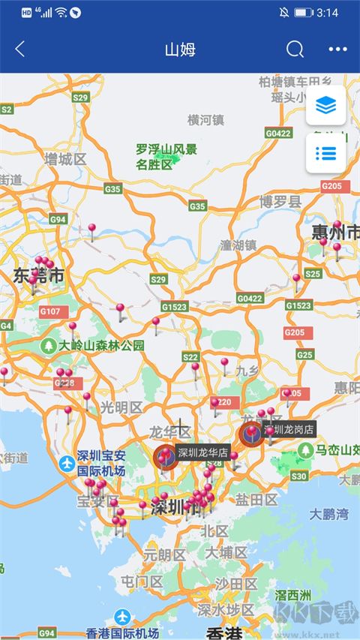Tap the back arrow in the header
pyautogui.click(x=20, y=50)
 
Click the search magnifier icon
pyautogui.click(x=295, y=50)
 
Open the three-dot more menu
pyautogui.click(x=337, y=50)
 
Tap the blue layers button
pyautogui.click(x=325, y=106)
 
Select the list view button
pyautogui.click(x=325, y=153)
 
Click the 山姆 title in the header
pyautogui.click(x=180, y=50)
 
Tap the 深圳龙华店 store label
pyautogui.click(x=203, y=452)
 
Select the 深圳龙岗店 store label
pyautogui.click(x=289, y=429)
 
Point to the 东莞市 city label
pyautogui.click(x=37, y=276)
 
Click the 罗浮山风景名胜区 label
pyautogui.click(x=166, y=157)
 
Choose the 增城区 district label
pyautogui.click(x=65, y=159)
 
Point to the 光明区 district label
pyautogui.click(x=121, y=407)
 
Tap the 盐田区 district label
pyautogui.click(x=256, y=500)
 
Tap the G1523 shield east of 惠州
pyautogui.click(x=298, y=305)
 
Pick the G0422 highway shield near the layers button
pyautogui.click(x=277, y=134)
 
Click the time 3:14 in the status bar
pyautogui.click(x=328, y=13)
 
